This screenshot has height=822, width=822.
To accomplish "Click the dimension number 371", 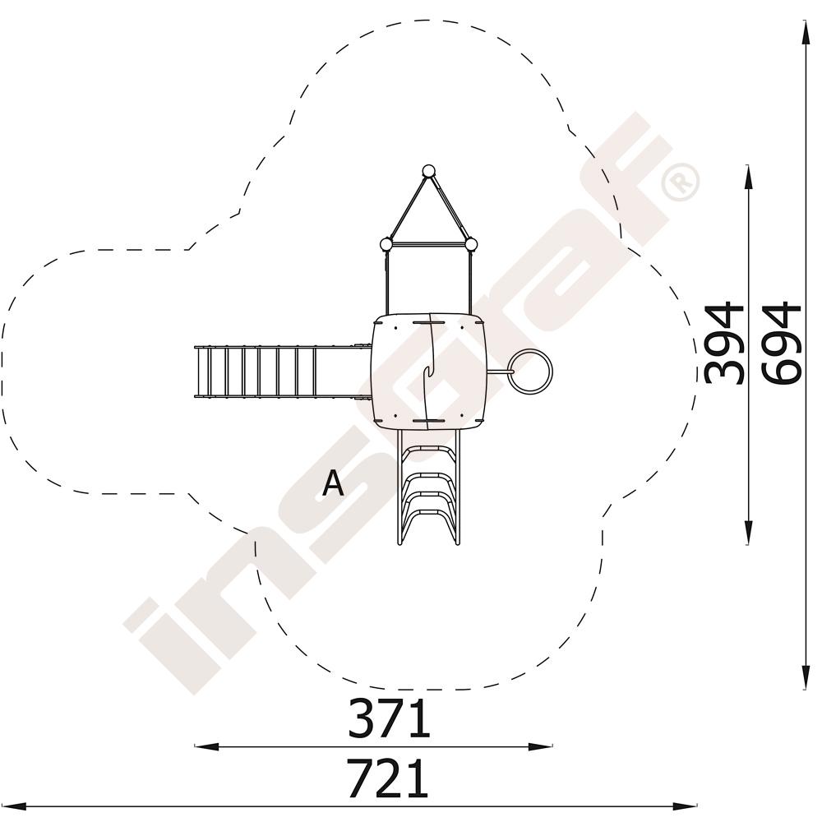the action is [x=389, y=718].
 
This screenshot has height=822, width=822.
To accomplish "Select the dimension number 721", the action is [x=388, y=778].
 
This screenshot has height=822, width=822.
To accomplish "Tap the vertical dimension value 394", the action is [x=724, y=343].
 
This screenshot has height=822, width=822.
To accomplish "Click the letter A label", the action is [x=333, y=483].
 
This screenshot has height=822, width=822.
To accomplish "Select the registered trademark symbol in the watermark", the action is [x=681, y=182].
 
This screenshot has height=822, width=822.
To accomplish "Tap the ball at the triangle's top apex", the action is [x=429, y=172].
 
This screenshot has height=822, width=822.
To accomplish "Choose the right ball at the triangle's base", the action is [x=471, y=244].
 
